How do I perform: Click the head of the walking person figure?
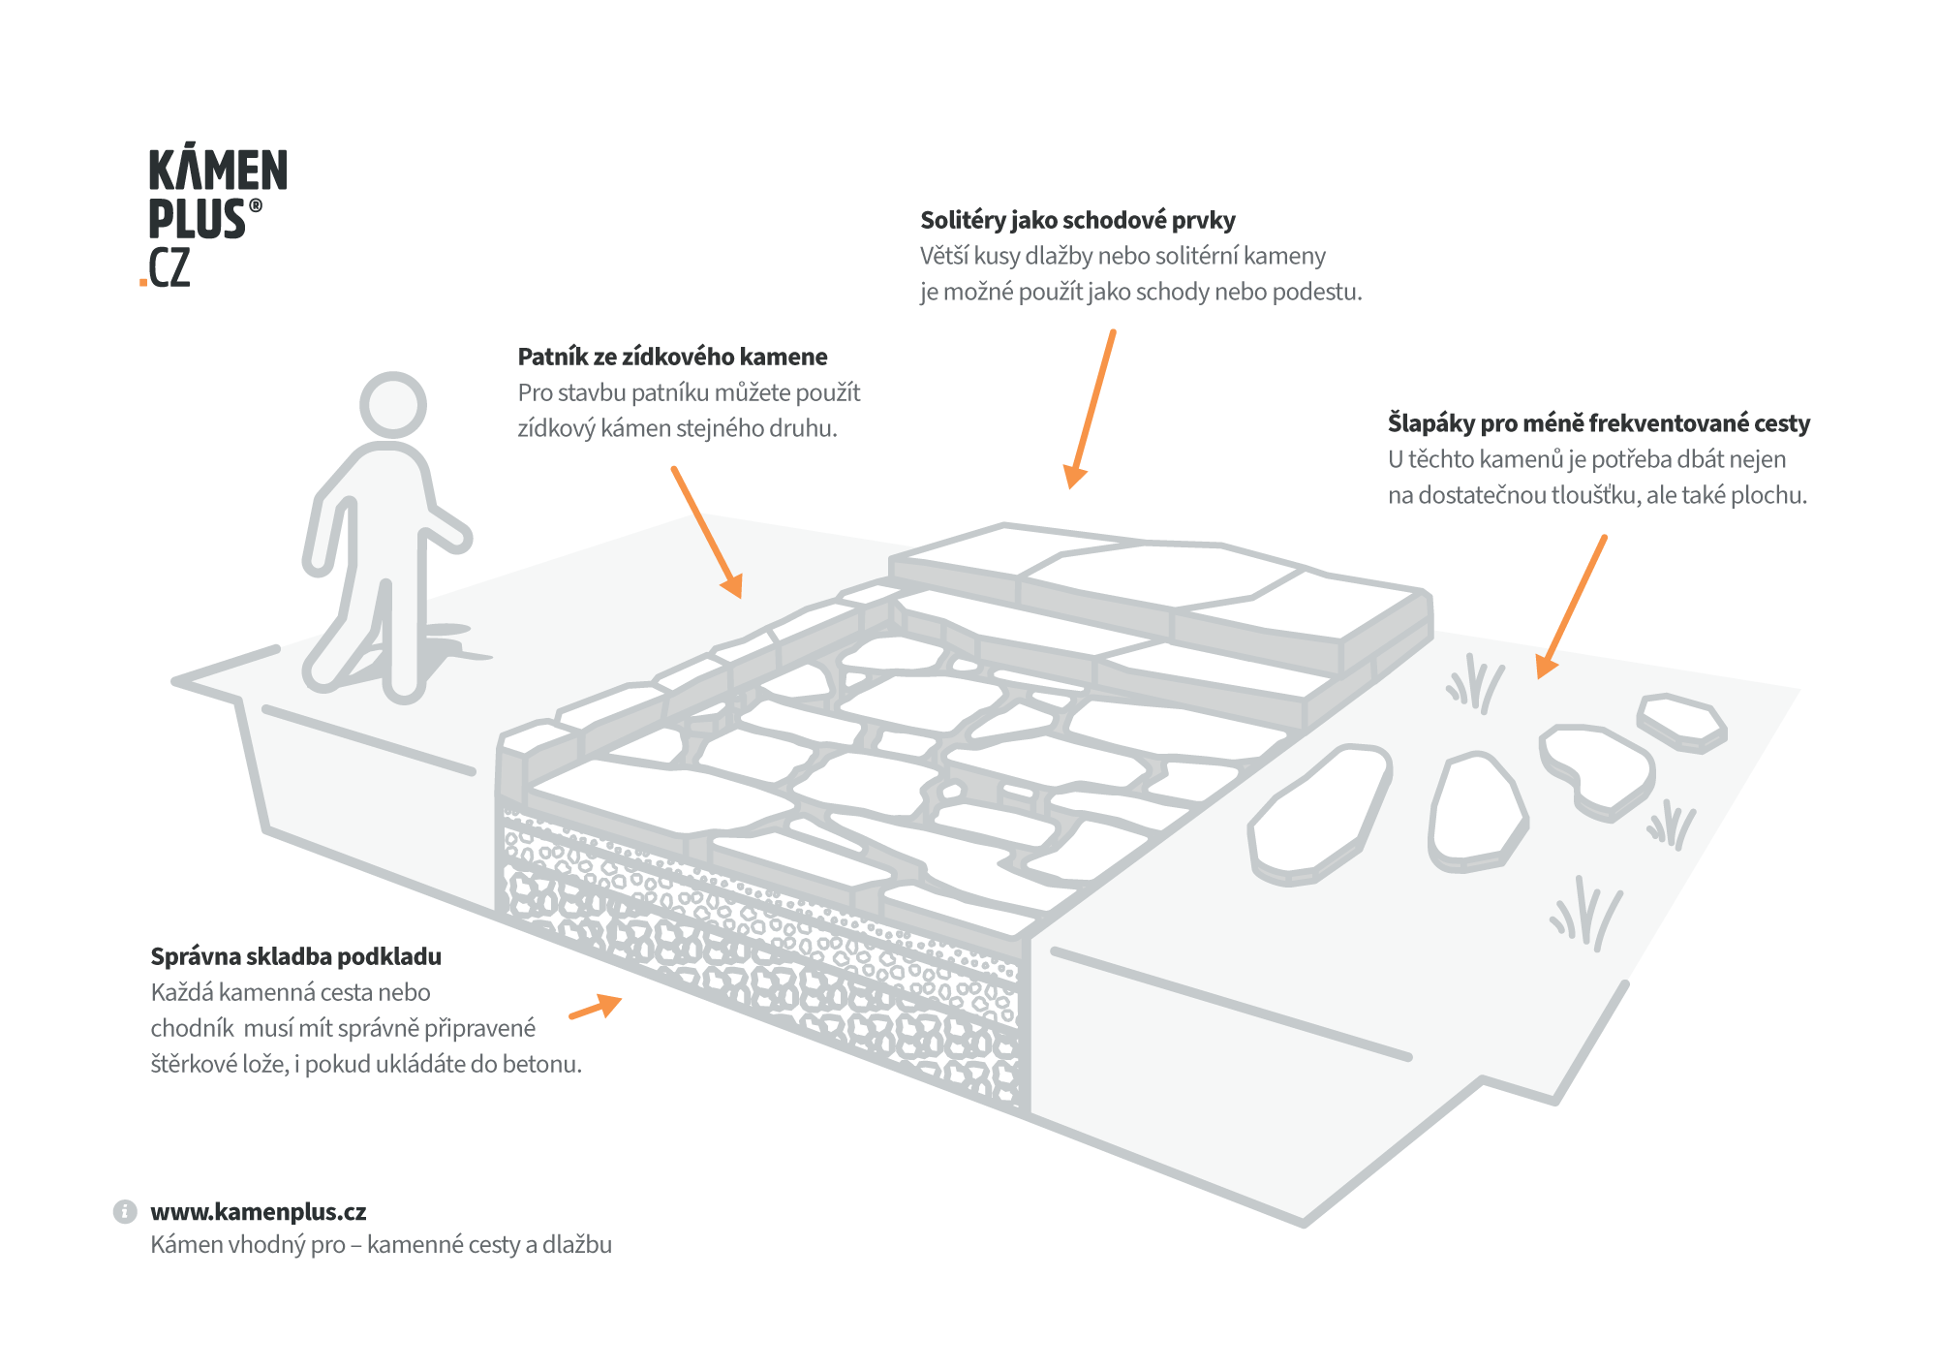click(392, 405)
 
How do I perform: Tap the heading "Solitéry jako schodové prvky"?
click(1077, 221)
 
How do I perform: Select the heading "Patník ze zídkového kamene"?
click(672, 358)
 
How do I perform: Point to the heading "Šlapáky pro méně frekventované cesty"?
click(1598, 423)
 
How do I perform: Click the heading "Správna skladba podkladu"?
click(295, 957)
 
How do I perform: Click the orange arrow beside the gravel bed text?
click(596, 1007)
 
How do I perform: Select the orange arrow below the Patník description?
click(707, 532)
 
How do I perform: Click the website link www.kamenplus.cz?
click(259, 1212)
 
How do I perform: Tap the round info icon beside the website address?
click(125, 1212)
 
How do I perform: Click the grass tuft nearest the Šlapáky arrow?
click(1475, 683)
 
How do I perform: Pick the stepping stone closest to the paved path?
click(1319, 814)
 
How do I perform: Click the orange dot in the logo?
click(143, 283)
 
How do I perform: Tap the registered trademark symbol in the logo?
click(256, 205)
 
